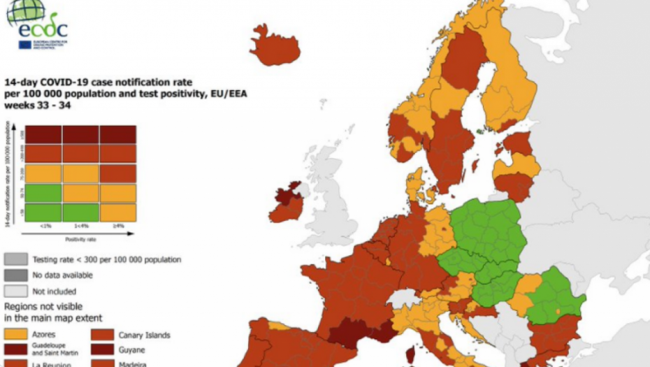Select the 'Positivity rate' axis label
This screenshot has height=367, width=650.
click(80, 239)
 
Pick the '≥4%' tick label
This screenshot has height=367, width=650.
click(117, 226)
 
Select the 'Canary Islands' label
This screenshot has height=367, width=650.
click(144, 335)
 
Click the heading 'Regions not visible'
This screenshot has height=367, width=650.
click(43, 306)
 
